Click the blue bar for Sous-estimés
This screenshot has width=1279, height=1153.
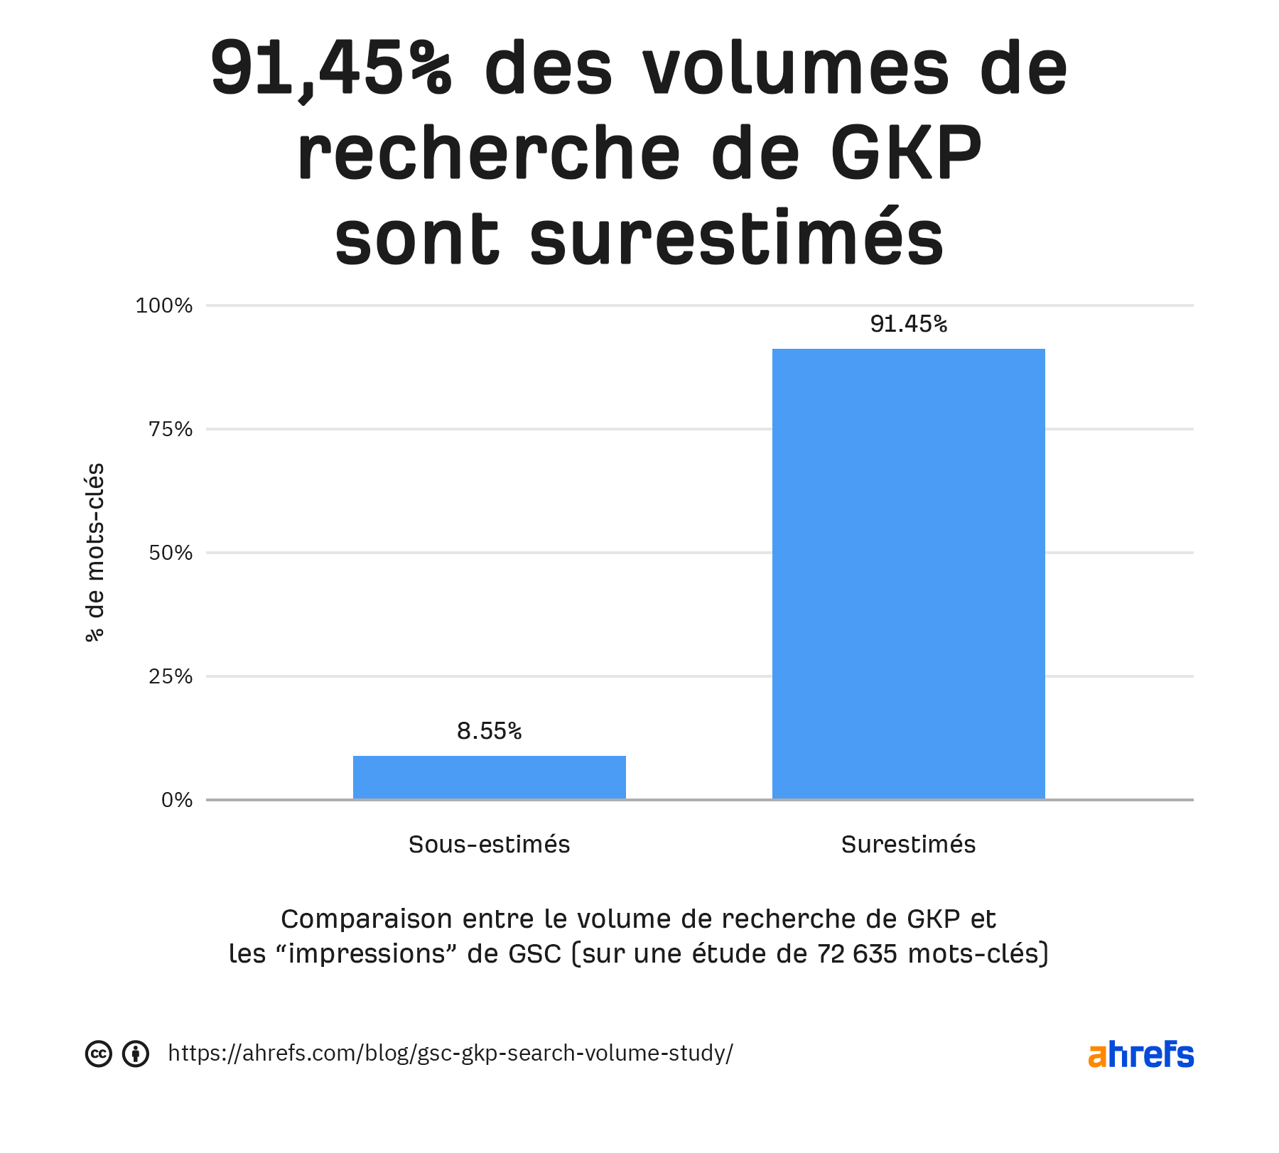[x=489, y=777]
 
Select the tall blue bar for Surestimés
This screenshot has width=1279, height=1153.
[x=908, y=574]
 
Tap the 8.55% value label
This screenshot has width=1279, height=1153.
[x=489, y=731]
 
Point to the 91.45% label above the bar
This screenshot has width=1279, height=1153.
[x=908, y=324]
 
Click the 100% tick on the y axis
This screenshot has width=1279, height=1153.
[x=164, y=305]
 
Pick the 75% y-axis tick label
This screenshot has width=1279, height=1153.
[x=171, y=429]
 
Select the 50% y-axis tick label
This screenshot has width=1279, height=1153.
[x=171, y=553]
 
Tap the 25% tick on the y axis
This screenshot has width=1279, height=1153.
[x=171, y=676]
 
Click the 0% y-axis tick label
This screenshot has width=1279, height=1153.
[x=177, y=800]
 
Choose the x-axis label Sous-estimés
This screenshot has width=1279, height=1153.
[x=489, y=844]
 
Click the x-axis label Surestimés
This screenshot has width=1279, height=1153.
[x=908, y=844]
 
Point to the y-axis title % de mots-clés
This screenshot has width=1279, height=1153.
[x=95, y=553]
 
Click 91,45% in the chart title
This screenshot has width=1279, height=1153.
[x=331, y=70]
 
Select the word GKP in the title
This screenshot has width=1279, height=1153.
[x=906, y=153]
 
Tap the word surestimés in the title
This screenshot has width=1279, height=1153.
[x=736, y=237]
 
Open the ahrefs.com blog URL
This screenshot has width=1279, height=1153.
[x=450, y=1053]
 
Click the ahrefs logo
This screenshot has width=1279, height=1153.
[x=1140, y=1054]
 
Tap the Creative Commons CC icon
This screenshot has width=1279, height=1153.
[x=99, y=1054]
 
